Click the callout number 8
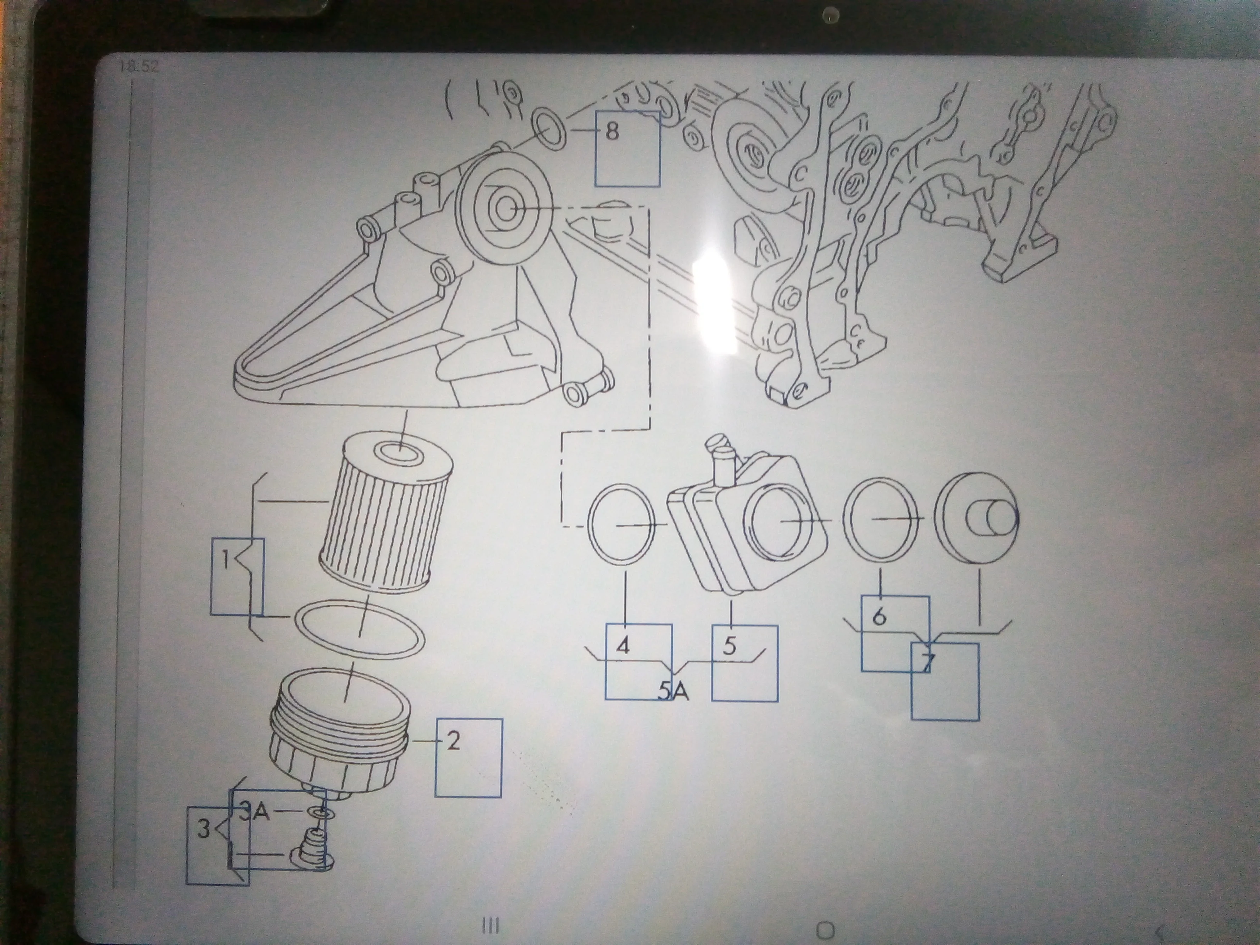pos(612,132)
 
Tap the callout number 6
pos(879,616)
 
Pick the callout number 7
pos(928,662)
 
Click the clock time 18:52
pos(139,67)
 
